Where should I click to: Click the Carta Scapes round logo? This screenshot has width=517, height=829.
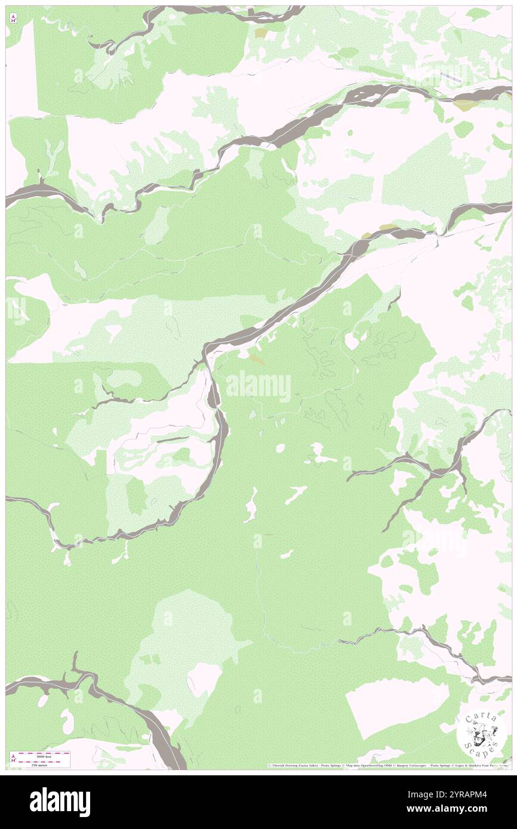pos(481,734)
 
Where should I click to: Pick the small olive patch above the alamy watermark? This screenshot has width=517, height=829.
pos(257,360)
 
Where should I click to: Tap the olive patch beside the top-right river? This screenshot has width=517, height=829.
pos(464,104)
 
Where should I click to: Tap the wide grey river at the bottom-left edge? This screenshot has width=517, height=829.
pos(36,683)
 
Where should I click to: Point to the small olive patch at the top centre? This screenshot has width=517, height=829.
pos(261,33)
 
